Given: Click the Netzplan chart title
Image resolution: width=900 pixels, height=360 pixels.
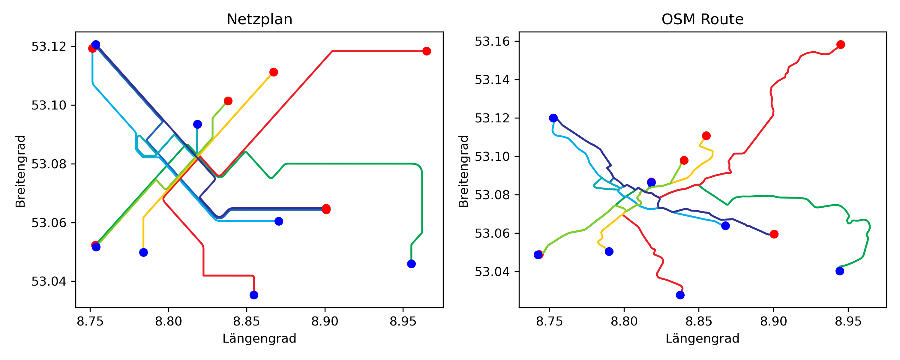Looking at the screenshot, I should click(x=259, y=19).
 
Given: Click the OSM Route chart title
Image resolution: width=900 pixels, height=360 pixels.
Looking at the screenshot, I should click(x=702, y=19).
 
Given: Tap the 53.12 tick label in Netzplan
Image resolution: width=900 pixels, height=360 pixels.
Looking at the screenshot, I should click(x=49, y=46).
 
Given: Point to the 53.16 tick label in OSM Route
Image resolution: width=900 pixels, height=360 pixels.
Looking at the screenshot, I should click(x=492, y=41).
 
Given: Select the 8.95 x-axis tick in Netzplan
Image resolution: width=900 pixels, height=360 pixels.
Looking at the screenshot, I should click(x=403, y=321).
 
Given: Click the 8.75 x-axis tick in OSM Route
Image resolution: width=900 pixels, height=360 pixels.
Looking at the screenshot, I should click(x=549, y=321).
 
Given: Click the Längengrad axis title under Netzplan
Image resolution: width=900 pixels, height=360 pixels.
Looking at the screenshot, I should click(x=259, y=338).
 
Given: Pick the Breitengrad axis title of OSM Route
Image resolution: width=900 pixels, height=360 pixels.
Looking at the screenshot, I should click(x=463, y=171).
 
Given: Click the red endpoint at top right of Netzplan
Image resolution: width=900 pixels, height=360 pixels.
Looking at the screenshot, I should click(x=426, y=51).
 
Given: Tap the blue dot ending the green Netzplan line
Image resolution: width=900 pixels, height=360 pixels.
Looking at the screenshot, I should click(x=411, y=264).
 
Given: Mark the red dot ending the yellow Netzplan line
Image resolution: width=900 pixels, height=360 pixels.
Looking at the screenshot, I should click(x=274, y=72).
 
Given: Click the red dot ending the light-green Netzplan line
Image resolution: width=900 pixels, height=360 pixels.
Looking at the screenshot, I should click(x=228, y=101).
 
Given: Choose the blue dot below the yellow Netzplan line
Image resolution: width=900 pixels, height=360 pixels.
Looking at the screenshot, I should click(x=143, y=252).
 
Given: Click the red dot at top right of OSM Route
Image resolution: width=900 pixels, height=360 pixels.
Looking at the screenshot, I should click(x=841, y=44).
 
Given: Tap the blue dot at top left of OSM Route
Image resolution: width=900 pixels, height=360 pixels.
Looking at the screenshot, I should click(x=553, y=118).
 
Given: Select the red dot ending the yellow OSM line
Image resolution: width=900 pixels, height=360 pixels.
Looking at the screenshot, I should click(x=706, y=136).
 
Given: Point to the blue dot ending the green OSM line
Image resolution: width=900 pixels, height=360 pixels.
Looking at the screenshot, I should click(x=840, y=271).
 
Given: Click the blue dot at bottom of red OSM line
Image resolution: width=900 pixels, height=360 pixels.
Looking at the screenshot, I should click(x=680, y=295).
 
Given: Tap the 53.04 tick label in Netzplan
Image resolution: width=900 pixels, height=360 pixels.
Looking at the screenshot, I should click(x=49, y=281).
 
